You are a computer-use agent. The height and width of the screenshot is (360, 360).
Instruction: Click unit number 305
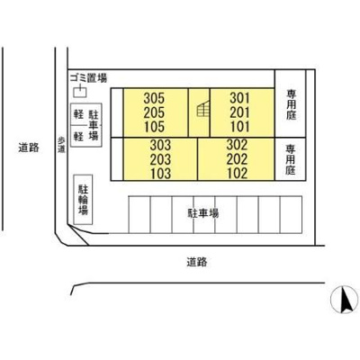coord(154,98)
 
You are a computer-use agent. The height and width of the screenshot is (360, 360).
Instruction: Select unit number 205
coord(154,112)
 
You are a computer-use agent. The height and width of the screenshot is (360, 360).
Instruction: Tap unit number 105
coord(154,127)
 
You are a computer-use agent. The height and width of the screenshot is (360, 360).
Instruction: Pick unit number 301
coord(239,98)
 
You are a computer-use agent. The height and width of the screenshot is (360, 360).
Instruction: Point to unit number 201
coord(239,112)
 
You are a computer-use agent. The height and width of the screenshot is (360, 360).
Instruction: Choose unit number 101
coord(239,127)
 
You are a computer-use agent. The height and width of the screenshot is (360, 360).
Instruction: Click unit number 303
coord(160,145)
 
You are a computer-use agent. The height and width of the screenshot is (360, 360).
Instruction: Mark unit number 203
coord(160,159)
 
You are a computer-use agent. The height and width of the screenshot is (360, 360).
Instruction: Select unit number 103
coord(160,174)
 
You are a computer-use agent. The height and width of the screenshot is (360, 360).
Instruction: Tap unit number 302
coord(237,145)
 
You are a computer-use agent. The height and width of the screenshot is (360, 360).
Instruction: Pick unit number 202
coord(237,159)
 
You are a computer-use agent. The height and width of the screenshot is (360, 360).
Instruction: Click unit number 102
coord(237,174)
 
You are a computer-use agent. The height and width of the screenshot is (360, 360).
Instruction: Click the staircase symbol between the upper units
coord(202,109)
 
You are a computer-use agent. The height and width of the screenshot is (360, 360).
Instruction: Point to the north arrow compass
coord(344,300)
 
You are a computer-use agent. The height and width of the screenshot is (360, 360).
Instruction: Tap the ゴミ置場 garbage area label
coord(88,78)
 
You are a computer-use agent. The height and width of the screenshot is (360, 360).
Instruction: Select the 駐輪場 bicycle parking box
coord(83,200)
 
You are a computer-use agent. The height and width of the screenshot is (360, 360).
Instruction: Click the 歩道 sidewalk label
coord(61,145)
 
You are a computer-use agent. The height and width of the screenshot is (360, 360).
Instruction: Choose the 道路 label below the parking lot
coord(197,262)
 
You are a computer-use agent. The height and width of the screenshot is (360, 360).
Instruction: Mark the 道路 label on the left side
coord(29,148)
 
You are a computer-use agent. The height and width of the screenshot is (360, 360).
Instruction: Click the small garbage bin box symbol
coord(80,92)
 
